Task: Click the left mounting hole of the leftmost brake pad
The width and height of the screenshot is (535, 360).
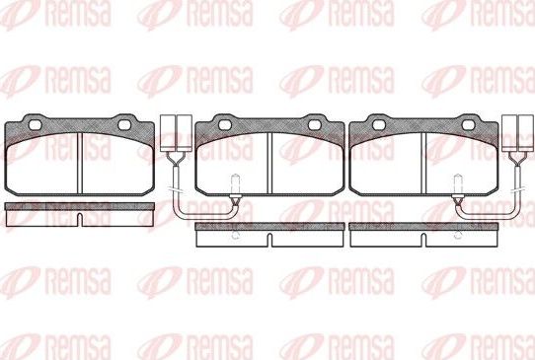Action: click(x=36, y=125)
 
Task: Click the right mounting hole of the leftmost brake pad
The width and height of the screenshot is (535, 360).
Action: click(x=125, y=125)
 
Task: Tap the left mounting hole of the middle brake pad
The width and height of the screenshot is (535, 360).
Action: click(x=225, y=125)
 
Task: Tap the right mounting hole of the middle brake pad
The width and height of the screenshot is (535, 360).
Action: click(x=317, y=125)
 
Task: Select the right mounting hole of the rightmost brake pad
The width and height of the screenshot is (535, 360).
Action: click(x=470, y=125)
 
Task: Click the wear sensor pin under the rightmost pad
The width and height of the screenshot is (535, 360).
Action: click(x=460, y=185)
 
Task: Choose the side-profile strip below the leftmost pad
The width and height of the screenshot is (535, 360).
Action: click(x=80, y=210)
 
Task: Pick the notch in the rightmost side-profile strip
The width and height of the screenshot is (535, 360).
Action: click(x=424, y=240)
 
